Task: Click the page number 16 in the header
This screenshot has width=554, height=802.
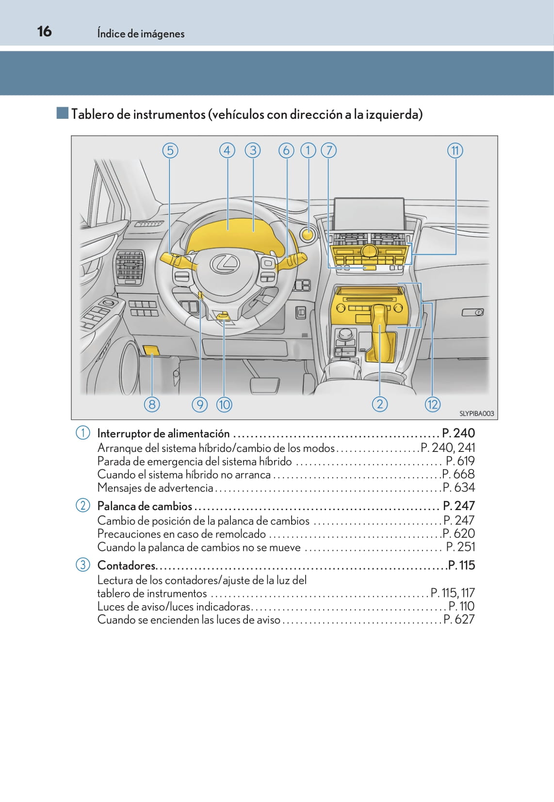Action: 44,32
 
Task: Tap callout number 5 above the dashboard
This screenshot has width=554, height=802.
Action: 170,150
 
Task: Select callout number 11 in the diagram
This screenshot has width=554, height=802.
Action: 455,150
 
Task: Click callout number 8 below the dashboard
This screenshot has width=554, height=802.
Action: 152,404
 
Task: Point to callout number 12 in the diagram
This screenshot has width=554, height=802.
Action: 432,404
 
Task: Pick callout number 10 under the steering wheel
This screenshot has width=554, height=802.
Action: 224,404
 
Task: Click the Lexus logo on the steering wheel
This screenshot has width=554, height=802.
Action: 225,263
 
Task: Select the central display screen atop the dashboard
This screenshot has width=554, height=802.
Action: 369,213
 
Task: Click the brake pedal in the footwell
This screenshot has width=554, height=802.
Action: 265,385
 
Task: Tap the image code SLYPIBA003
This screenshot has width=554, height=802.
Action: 476,414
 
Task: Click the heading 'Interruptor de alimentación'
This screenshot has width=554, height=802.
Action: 163,433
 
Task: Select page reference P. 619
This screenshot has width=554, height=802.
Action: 460,461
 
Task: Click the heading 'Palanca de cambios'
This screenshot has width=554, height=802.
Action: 145,506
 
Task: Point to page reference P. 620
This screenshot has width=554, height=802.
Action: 459,534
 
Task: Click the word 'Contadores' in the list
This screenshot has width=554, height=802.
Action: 126,565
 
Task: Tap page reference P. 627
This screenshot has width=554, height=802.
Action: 459,620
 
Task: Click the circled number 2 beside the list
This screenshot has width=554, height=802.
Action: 83,505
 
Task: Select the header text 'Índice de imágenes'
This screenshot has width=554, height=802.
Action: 141,33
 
